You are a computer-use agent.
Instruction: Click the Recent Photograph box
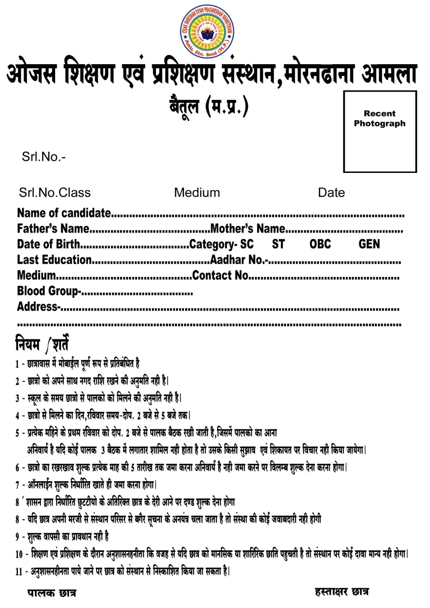point(380,132)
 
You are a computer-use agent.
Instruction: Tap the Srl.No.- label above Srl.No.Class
point(44,157)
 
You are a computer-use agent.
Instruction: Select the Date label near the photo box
point(332,193)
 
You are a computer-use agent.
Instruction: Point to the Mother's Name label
point(248,229)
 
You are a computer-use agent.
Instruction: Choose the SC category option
point(247,245)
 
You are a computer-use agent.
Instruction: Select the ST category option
point(278,245)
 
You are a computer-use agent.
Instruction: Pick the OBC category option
point(320,245)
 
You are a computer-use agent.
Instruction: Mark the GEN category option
point(370,245)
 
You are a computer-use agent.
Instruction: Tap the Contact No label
point(220,275)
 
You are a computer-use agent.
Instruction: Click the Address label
point(38,307)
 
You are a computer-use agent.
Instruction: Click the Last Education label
point(54,260)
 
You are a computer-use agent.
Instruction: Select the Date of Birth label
point(49,245)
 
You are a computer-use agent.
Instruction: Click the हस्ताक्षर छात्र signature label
point(342,592)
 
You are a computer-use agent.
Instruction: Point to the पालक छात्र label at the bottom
point(51,593)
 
